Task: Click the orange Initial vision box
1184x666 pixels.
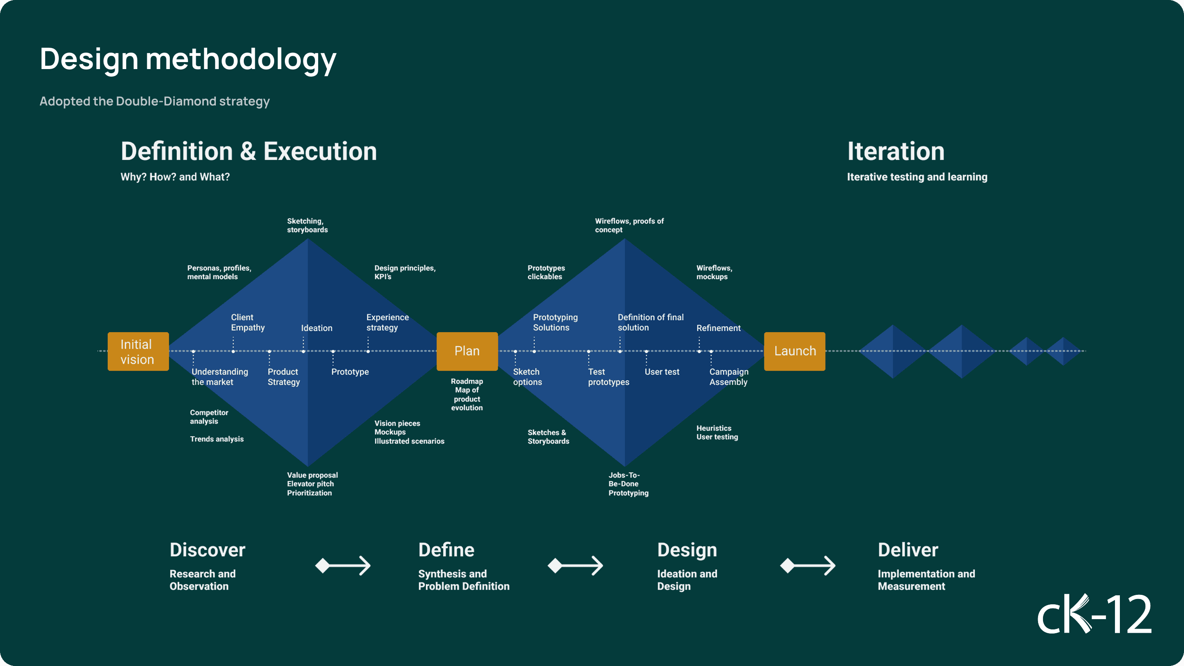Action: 138,351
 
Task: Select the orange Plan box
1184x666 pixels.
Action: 467,351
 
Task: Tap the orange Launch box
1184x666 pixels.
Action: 795,351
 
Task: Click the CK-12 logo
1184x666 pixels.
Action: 1094,614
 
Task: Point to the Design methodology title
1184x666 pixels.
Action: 188,60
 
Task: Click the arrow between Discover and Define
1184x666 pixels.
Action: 343,566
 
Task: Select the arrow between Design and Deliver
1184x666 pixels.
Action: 807,566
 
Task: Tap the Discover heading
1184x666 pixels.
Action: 207,550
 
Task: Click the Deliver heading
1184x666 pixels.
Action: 908,550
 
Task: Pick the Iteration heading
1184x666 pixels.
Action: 896,151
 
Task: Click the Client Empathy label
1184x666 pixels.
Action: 248,322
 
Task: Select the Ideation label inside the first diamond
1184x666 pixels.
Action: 317,328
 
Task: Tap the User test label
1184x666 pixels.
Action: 662,372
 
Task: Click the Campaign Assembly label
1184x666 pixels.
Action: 728,377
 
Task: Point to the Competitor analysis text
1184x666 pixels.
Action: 209,417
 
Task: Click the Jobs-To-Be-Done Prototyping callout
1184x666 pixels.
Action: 628,484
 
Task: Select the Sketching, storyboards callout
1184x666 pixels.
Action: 308,225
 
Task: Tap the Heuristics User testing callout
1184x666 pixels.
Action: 717,432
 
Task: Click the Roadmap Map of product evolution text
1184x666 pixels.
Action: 467,394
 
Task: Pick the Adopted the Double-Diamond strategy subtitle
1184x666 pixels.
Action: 155,101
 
